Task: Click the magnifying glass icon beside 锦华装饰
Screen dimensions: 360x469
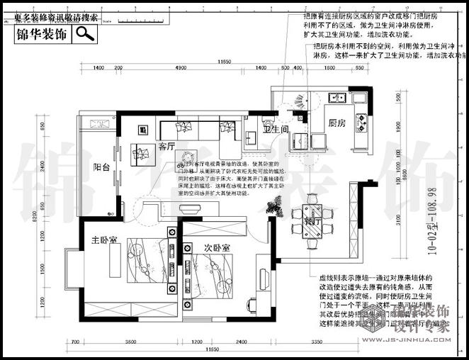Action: coord(85,33)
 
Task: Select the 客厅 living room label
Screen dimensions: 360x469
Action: coord(166,147)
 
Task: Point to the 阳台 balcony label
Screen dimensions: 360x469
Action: coord(101,168)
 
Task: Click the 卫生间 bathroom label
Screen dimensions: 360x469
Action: coord(276,130)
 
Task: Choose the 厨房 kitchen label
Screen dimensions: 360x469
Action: coord(337,123)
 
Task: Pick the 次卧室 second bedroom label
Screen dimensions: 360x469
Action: coord(216,248)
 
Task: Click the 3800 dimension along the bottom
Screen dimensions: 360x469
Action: coord(131,342)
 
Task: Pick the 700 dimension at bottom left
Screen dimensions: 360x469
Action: coord(75,342)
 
